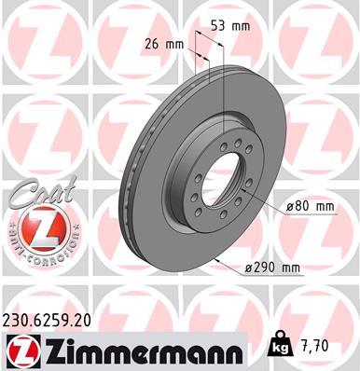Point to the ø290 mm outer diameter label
pos(273,268)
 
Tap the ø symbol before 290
pos(251,268)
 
